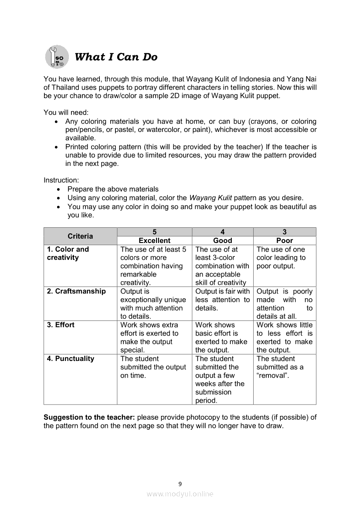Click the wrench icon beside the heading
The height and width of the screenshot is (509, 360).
point(57,57)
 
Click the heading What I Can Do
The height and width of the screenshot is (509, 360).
point(116,57)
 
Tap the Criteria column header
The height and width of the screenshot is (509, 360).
point(80,236)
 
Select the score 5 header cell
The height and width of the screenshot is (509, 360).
point(154,232)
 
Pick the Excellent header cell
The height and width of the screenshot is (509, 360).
point(154,240)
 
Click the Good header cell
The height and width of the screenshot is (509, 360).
point(222,240)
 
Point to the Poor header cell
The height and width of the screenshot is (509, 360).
point(285,240)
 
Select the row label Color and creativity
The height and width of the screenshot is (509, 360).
point(68,253)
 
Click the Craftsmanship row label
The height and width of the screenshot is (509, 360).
point(76,291)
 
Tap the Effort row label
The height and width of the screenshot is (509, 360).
point(61,325)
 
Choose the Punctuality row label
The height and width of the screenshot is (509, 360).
point(71,359)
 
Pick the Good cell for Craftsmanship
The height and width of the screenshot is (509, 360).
point(222,300)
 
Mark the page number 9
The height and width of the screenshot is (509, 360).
point(180,483)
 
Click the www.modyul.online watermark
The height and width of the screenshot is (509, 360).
point(180,494)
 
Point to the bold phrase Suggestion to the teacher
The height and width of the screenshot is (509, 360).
point(89,417)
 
